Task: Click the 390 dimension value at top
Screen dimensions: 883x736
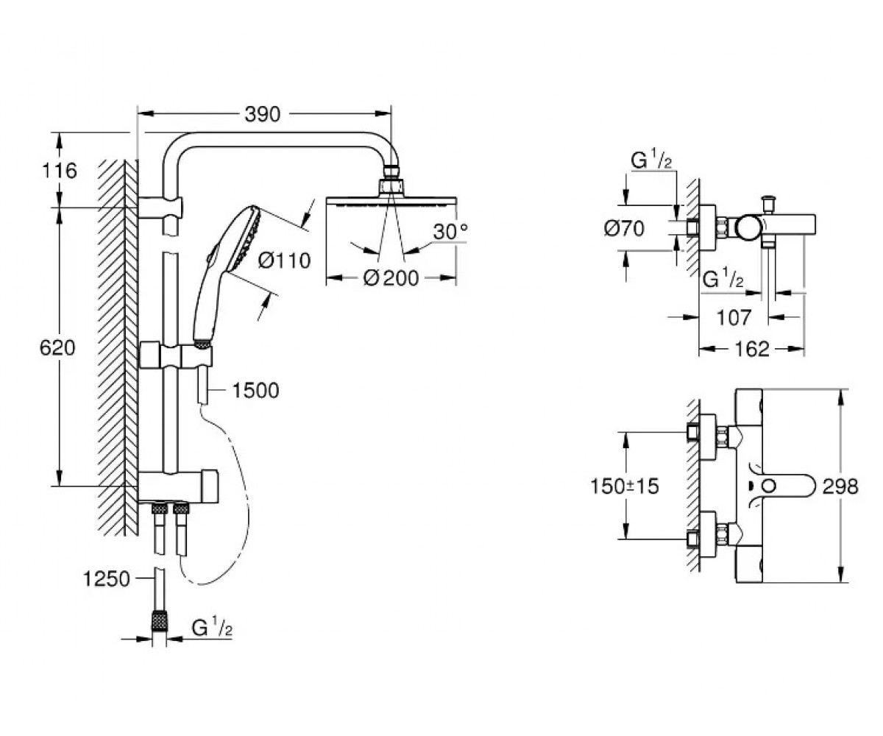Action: point(262,114)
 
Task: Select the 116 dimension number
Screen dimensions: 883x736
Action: point(60,171)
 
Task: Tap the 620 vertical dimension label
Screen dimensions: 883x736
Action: point(57,348)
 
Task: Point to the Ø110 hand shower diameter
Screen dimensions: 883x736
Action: point(284,260)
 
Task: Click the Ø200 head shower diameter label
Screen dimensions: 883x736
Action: point(391,278)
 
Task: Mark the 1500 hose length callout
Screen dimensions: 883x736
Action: point(256,390)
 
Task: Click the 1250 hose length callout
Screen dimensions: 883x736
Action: point(107,579)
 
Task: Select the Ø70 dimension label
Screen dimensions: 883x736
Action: point(624,228)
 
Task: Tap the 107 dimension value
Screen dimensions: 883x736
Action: point(734,317)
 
